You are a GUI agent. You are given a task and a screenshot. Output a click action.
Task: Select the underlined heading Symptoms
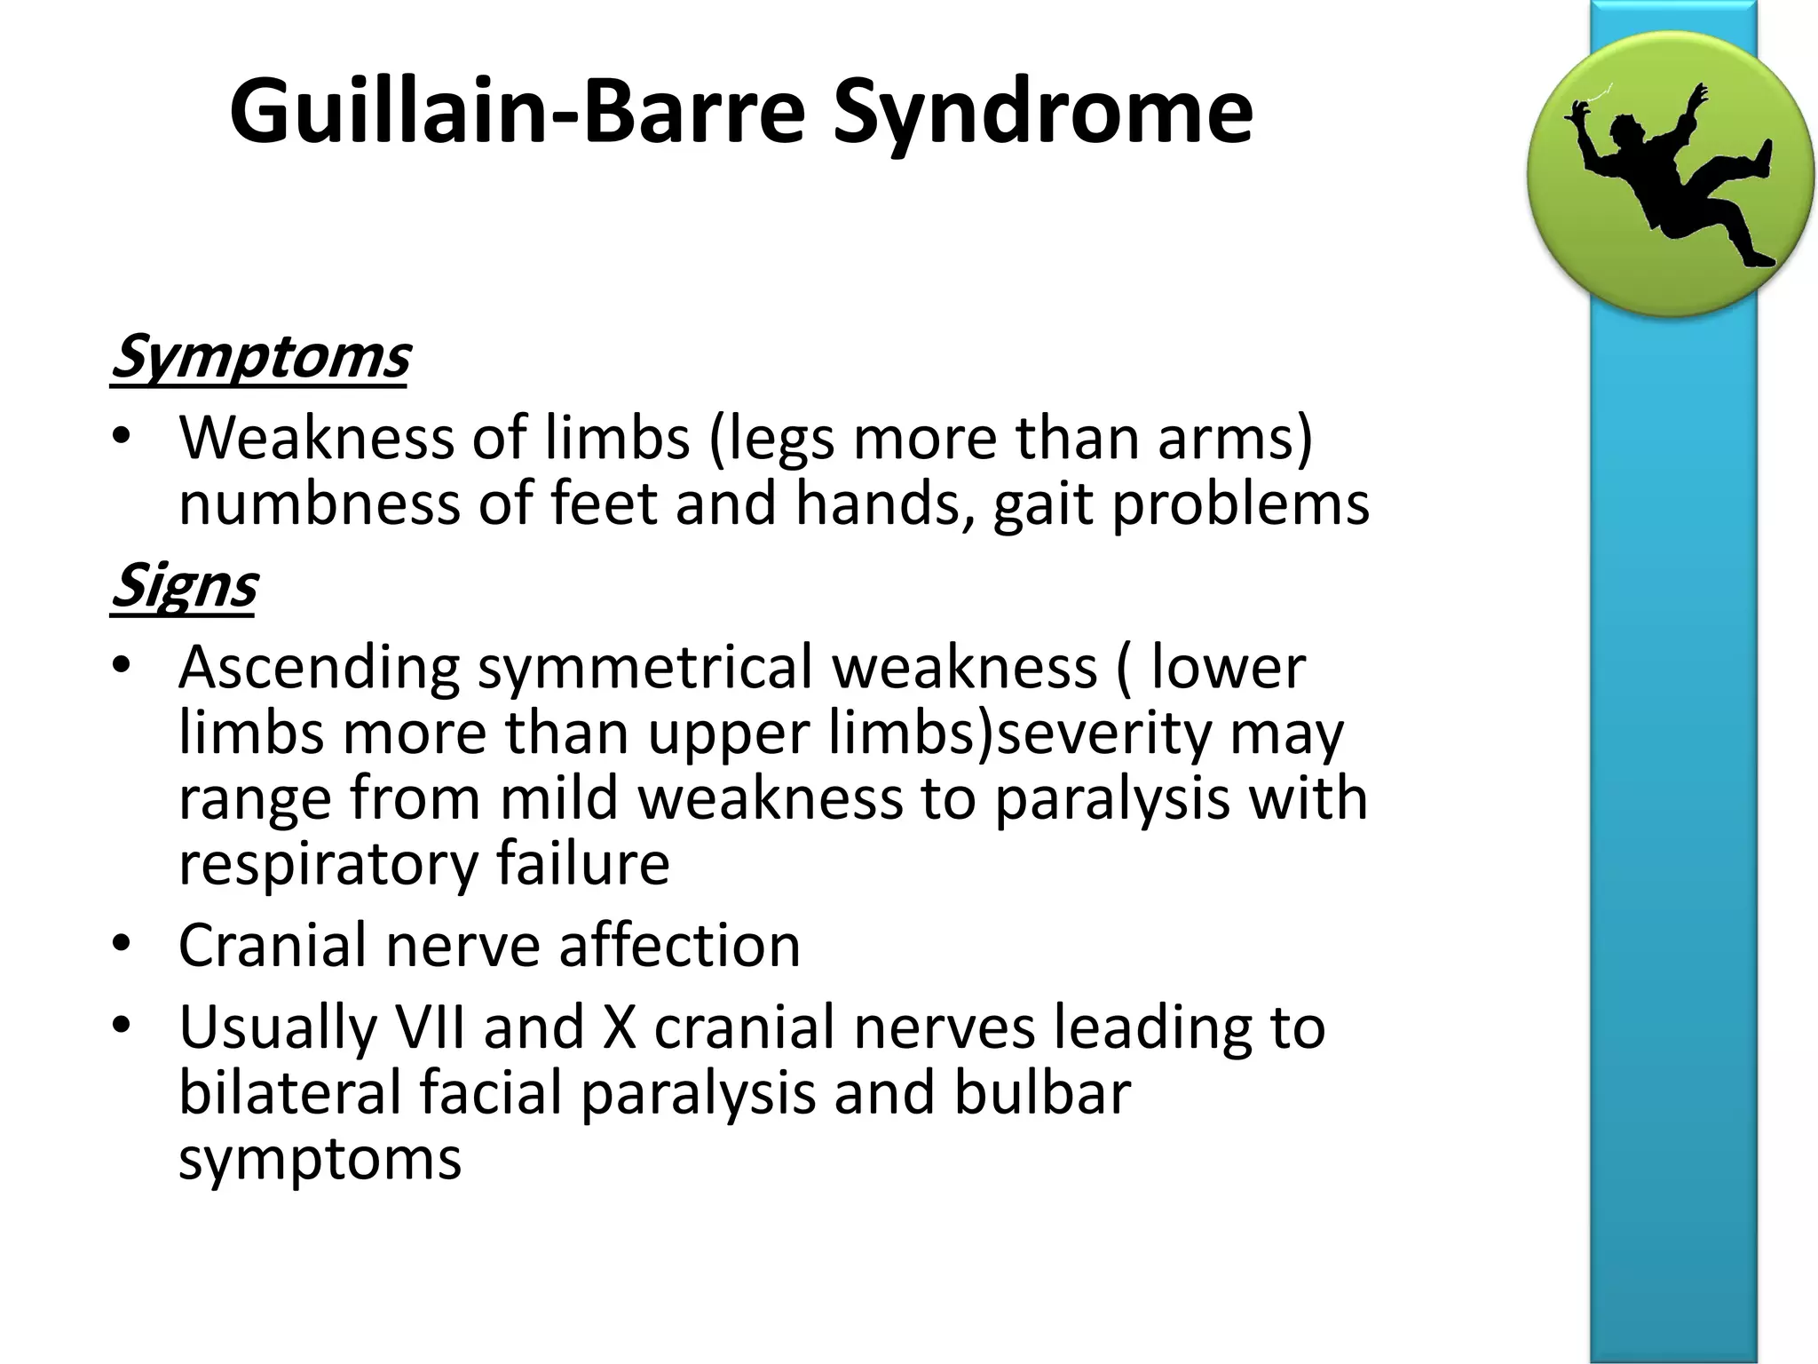260,358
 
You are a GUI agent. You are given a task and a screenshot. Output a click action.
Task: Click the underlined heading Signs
184,587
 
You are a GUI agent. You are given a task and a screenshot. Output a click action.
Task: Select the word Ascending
319,668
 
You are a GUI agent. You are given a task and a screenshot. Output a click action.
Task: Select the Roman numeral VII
430,1027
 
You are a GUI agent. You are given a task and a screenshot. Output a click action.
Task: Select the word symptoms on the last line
320,1159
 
